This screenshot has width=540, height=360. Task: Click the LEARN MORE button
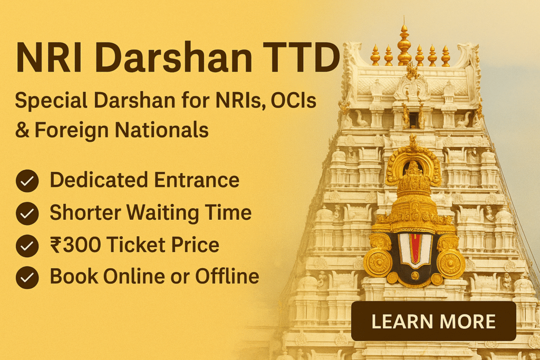coord(433,321)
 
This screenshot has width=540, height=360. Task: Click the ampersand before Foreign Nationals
coord(22,130)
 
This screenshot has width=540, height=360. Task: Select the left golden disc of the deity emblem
coord(379,261)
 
